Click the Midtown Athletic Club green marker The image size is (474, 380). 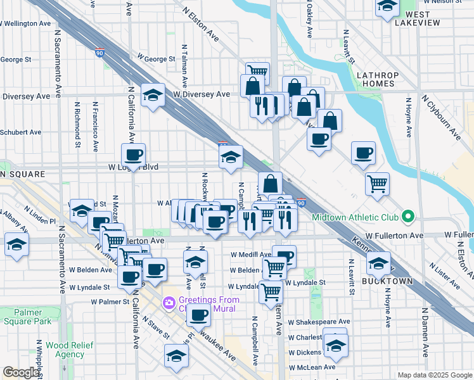pos(408,217)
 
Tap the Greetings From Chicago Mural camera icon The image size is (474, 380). pos(169,303)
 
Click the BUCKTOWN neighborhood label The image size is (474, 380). pos(387,281)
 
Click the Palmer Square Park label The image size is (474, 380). pos(24,317)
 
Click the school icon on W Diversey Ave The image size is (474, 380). pos(153,96)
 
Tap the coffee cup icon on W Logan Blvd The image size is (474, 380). pos(134,155)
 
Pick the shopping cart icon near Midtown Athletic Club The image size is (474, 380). pos(377,184)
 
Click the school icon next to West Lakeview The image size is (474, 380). pos(387,8)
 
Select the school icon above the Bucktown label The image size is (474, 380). pos(379,263)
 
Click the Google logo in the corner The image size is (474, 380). pos(22,372)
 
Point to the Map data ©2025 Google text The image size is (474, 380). pos(435,375)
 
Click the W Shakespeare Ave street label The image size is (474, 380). pos(319,322)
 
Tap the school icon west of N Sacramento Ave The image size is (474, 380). pos(16,244)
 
